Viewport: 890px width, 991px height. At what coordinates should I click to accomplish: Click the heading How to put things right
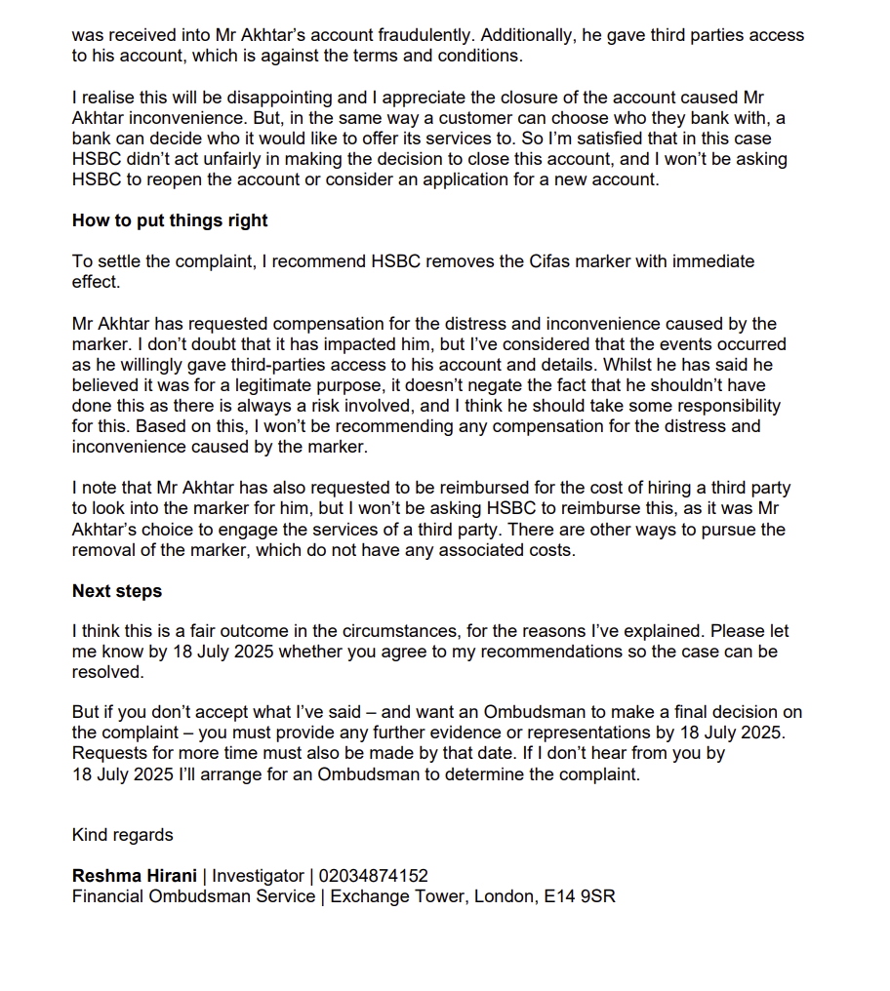[170, 220]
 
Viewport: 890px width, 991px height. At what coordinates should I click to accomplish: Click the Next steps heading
[117, 591]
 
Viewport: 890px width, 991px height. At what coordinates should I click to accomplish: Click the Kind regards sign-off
[122, 835]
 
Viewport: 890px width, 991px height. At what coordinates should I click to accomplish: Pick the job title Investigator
[259, 876]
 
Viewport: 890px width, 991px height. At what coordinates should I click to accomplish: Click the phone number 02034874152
[374, 876]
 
